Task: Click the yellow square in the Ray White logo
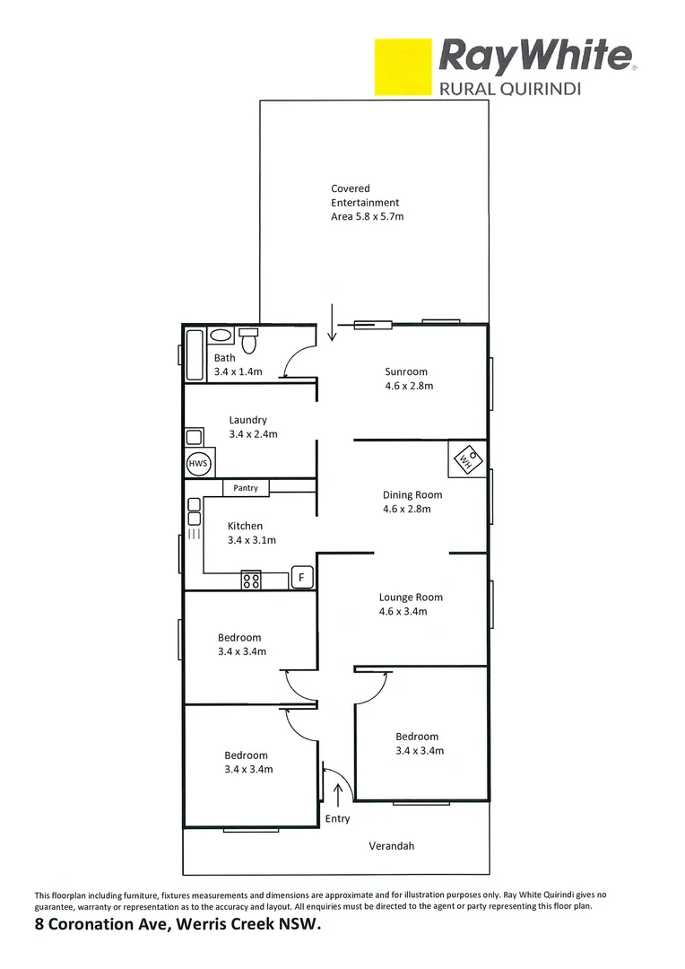pyautogui.click(x=403, y=67)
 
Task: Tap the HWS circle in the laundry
pyautogui.click(x=197, y=465)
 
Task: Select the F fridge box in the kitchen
pyautogui.click(x=302, y=577)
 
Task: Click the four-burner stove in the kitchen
pyautogui.click(x=251, y=581)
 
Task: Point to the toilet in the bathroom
pyautogui.click(x=249, y=342)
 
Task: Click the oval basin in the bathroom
pyautogui.click(x=220, y=336)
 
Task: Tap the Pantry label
pyautogui.click(x=246, y=488)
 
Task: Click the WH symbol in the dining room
pyautogui.click(x=466, y=459)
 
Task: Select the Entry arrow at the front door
pyautogui.click(x=338, y=795)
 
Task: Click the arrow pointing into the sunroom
pyautogui.click(x=332, y=323)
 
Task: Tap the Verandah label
pyautogui.click(x=392, y=846)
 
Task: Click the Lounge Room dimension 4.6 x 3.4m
pyautogui.click(x=403, y=612)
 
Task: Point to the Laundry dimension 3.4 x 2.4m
pyautogui.click(x=254, y=434)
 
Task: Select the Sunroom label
pyautogui.click(x=406, y=371)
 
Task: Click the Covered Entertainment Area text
pyautogui.click(x=366, y=203)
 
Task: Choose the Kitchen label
pyautogui.click(x=245, y=526)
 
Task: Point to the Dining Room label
pyautogui.click(x=412, y=494)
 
